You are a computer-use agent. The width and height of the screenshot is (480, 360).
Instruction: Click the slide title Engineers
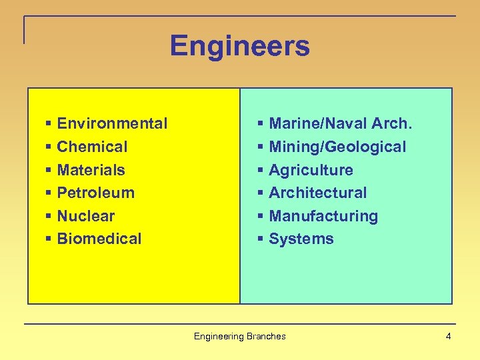click(239, 46)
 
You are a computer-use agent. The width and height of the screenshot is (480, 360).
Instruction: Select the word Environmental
click(112, 123)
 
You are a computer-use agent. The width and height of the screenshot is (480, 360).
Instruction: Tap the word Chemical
click(92, 147)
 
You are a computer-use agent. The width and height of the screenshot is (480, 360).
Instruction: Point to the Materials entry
click(91, 170)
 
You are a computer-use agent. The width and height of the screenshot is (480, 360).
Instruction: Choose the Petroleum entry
click(95, 193)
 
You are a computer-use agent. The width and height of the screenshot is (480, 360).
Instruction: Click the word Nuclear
click(85, 216)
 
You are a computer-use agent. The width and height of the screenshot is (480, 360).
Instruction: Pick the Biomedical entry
click(99, 239)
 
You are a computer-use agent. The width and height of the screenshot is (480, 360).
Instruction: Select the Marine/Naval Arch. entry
click(341, 123)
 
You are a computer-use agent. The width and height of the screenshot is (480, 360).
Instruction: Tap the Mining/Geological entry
click(337, 147)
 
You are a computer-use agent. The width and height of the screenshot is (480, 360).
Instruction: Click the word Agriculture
click(311, 170)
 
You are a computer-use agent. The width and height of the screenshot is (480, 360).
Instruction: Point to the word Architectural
click(317, 193)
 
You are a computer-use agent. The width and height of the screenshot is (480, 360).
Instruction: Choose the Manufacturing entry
click(323, 216)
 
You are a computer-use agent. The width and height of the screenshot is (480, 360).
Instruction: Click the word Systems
click(301, 239)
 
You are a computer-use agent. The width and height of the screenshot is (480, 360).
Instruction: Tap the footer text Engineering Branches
click(239, 336)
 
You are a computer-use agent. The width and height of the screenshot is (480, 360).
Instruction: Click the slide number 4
click(448, 336)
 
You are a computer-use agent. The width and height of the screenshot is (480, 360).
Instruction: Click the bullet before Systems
click(261, 239)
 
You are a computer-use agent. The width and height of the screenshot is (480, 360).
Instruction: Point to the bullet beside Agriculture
click(261, 171)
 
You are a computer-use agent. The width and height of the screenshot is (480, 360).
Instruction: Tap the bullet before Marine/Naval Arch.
click(261, 124)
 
